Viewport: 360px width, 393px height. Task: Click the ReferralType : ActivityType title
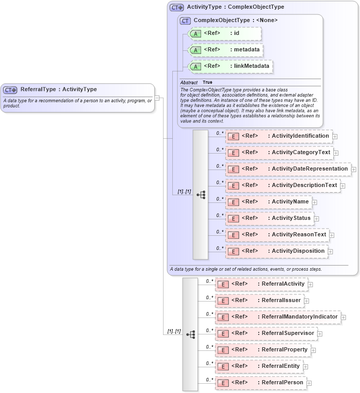point(58,89)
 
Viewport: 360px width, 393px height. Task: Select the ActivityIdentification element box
point(279,136)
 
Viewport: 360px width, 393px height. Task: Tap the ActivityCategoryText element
point(280,153)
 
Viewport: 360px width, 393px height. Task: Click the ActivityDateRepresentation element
point(288,169)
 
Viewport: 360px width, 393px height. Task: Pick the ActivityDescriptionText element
point(282,185)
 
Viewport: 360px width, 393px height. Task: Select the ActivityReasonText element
point(277,235)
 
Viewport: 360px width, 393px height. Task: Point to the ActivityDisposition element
point(277,251)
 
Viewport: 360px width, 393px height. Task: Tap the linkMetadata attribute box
point(230,66)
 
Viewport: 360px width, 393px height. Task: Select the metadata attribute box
point(226,50)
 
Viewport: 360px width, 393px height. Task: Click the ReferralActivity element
point(261,284)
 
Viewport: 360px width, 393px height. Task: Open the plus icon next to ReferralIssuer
point(307,301)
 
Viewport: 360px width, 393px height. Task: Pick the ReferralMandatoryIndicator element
point(278,317)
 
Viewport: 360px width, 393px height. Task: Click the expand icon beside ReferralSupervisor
point(320,333)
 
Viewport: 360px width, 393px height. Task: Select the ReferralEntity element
point(259,366)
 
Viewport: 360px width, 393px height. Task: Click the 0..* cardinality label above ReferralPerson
point(209,379)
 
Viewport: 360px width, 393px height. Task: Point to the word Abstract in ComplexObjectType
point(188,82)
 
